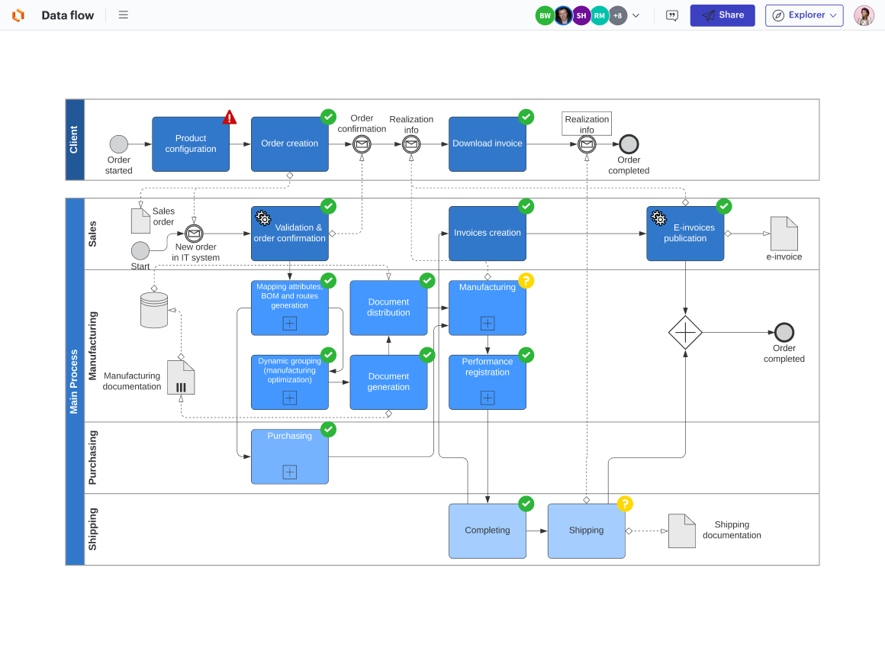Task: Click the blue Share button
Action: pos(722,15)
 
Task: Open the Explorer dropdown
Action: pos(804,15)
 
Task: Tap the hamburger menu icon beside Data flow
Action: pos(124,15)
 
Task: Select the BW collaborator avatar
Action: pos(545,15)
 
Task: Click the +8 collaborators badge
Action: pos(617,15)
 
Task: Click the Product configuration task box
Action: pos(191,144)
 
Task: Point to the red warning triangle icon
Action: pos(230,118)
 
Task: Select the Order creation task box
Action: pos(290,144)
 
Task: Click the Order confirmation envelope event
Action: pos(362,144)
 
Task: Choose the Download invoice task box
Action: pos(488,144)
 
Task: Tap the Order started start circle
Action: pos(119,144)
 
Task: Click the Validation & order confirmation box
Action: pos(290,234)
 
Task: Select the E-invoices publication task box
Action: pos(685,234)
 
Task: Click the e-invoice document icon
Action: pos(784,234)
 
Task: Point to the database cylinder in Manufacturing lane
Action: pos(154,310)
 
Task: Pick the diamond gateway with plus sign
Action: pos(685,333)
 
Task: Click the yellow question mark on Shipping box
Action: pos(625,504)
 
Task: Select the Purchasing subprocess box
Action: pos(290,456)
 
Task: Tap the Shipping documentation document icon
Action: pos(681,530)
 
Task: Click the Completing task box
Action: pos(488,530)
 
